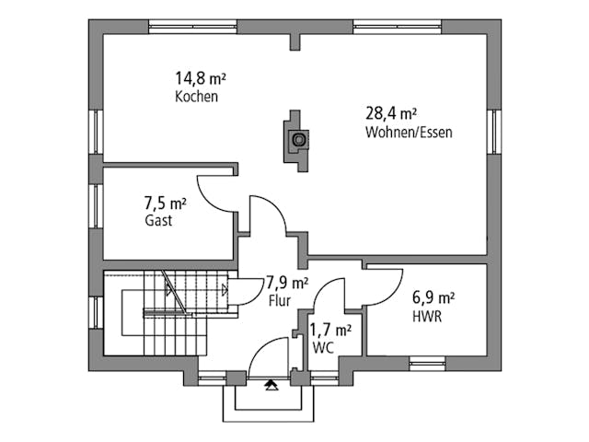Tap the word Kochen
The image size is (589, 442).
pos(197,97)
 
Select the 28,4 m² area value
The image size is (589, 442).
pos(390,114)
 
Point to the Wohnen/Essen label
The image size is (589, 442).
pos(409,133)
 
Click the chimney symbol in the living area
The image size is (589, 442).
pos(297,141)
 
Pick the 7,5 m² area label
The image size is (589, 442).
pos(166,203)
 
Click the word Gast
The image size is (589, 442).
pos(158,221)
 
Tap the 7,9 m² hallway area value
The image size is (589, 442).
pos(287,283)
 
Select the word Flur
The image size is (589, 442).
pos(280,300)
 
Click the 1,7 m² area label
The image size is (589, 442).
pos(329,329)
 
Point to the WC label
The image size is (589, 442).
pos(322,347)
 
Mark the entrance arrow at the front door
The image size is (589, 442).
pos(271,386)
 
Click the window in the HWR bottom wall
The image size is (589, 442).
pos(427,364)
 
